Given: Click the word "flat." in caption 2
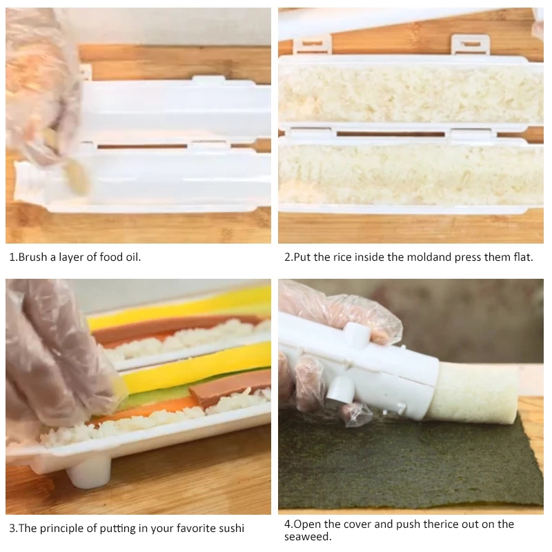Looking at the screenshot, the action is click(x=524, y=257).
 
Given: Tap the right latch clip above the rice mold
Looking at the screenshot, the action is click(x=471, y=44).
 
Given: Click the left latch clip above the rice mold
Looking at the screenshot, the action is click(x=313, y=45).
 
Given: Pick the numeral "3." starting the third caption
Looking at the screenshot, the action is click(x=13, y=529).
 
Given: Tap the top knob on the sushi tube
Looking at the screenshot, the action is click(x=357, y=332).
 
